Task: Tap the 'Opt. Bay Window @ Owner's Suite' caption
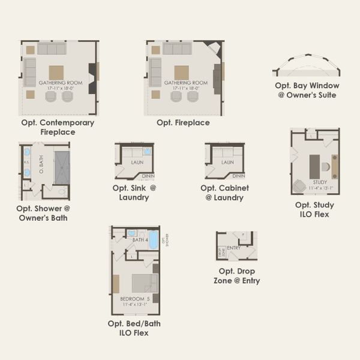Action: tap(305, 90)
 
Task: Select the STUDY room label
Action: tap(319, 182)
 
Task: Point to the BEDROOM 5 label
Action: tap(134, 298)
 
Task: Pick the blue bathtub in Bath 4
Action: tap(154, 240)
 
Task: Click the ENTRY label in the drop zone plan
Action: tap(234, 247)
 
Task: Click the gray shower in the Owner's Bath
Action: tap(61, 167)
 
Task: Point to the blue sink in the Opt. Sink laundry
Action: tap(147, 152)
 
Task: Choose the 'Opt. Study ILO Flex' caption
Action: tap(314, 209)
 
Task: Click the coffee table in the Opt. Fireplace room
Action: tap(181, 73)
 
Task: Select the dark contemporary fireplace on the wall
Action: tap(92, 78)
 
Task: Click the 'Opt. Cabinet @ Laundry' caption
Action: tap(224, 192)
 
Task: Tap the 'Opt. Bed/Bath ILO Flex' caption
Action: tap(134, 328)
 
